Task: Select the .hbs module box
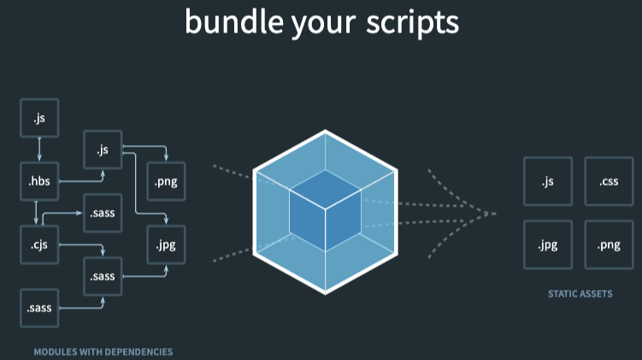(39, 181)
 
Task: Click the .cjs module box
(39, 245)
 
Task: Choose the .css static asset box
(609, 181)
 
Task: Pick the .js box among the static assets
(548, 181)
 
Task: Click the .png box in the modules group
(167, 181)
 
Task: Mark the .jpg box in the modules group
(167, 245)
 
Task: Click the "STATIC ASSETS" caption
(580, 294)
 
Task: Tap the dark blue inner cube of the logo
(325, 207)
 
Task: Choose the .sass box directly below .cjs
(39, 308)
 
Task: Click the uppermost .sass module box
(103, 214)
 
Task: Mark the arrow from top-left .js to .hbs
(39, 150)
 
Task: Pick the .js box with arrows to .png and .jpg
(103, 150)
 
